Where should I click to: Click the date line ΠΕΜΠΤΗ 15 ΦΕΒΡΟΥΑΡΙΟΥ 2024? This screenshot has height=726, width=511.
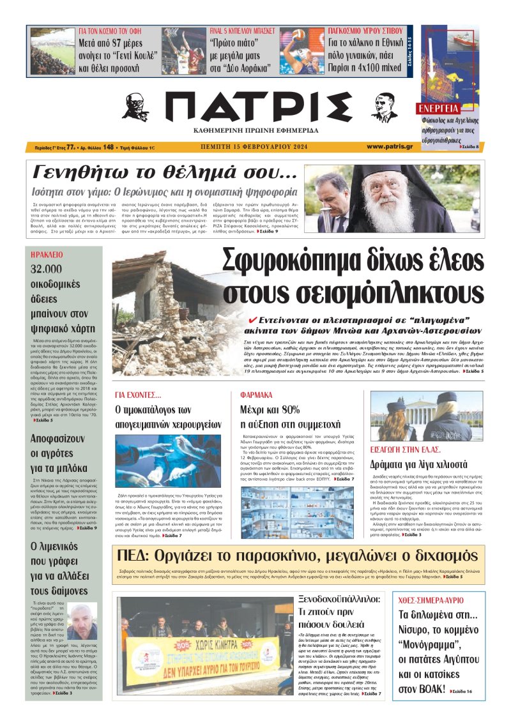tap(254, 147)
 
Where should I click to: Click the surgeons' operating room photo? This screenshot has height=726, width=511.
tap(169, 461)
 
